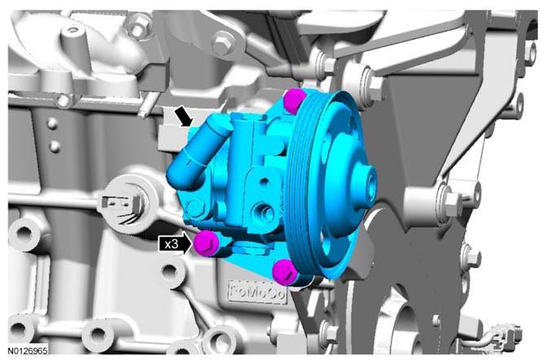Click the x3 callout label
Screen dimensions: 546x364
[x=172, y=245]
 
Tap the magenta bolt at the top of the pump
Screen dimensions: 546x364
[x=295, y=100]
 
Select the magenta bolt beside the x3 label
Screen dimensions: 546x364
[x=207, y=243]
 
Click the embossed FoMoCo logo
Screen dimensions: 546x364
[x=257, y=292]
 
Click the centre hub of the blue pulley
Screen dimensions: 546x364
[x=366, y=184]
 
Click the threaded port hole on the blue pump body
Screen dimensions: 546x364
[x=264, y=213]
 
